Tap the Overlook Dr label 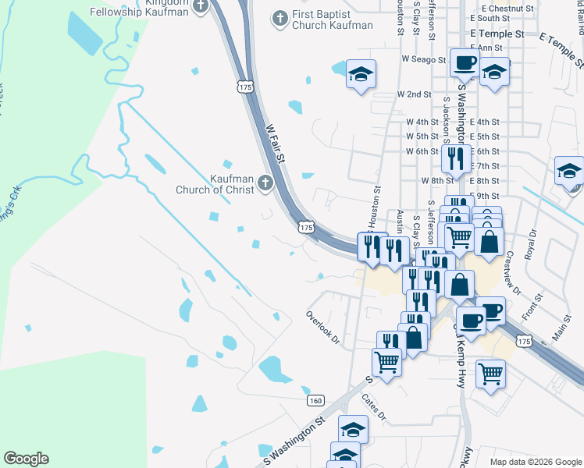click(323, 328)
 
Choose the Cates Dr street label click(373, 406)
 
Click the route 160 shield click(315, 400)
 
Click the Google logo click(26, 459)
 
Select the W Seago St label click(423, 59)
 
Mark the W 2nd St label click(414, 94)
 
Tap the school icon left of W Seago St click(361, 74)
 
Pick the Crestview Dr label click(513, 273)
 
